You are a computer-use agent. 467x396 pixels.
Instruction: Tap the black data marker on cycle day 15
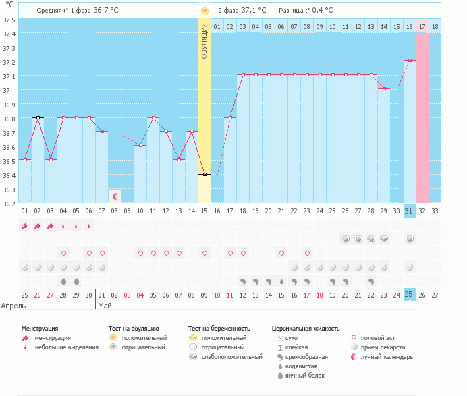[x=204, y=174]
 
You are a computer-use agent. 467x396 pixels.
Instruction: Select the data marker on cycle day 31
[x=410, y=60]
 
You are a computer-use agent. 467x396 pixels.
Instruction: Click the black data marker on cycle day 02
[x=38, y=117]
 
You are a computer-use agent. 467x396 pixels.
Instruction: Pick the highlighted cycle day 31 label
[x=410, y=211]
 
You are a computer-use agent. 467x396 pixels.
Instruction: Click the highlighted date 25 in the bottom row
[x=410, y=295]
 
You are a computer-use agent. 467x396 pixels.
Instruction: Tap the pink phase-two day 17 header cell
[x=422, y=26]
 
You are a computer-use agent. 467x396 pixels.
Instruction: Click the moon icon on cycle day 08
[x=115, y=196]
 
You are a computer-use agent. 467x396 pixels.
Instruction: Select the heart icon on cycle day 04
[x=64, y=253]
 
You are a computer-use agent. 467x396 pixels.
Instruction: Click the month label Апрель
[x=14, y=305]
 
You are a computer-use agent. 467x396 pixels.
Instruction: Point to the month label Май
[x=105, y=305]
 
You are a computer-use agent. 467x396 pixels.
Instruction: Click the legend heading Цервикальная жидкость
[x=306, y=328]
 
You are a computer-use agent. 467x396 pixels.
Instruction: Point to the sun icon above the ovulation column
[x=204, y=11]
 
